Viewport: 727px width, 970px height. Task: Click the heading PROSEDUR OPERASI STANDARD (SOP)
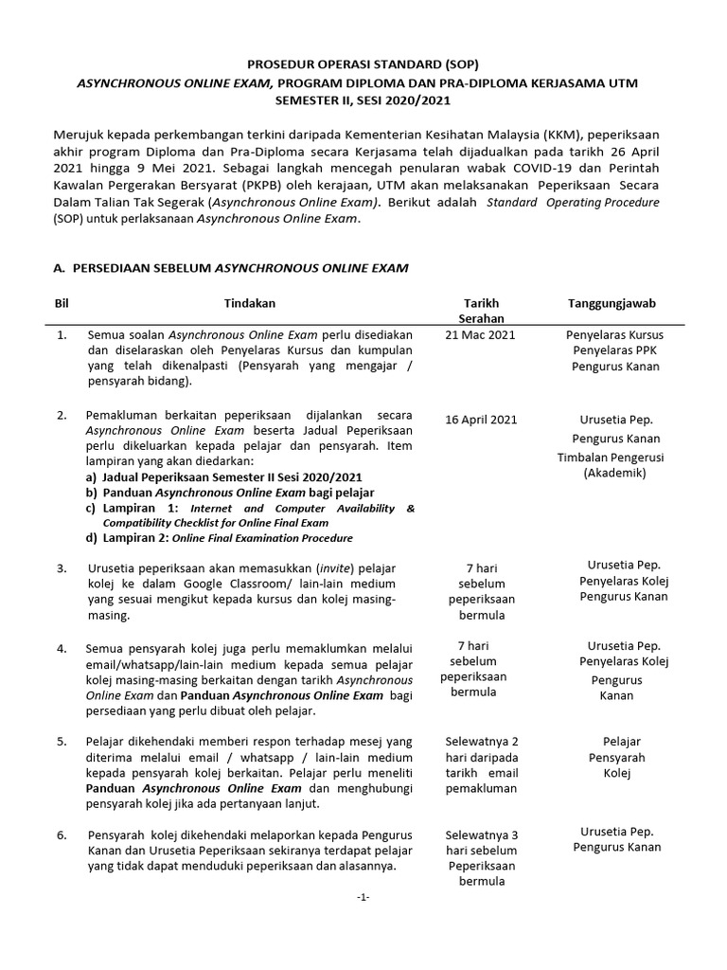tap(363, 65)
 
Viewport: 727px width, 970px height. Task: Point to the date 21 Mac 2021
tap(481, 335)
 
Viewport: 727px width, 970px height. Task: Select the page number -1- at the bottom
tap(363, 898)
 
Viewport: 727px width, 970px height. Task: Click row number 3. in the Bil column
tap(62, 567)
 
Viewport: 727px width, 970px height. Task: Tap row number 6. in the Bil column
tap(62, 835)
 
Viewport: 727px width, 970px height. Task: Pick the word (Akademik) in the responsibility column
tap(613, 473)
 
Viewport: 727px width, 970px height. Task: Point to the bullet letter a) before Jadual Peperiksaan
tap(91, 477)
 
